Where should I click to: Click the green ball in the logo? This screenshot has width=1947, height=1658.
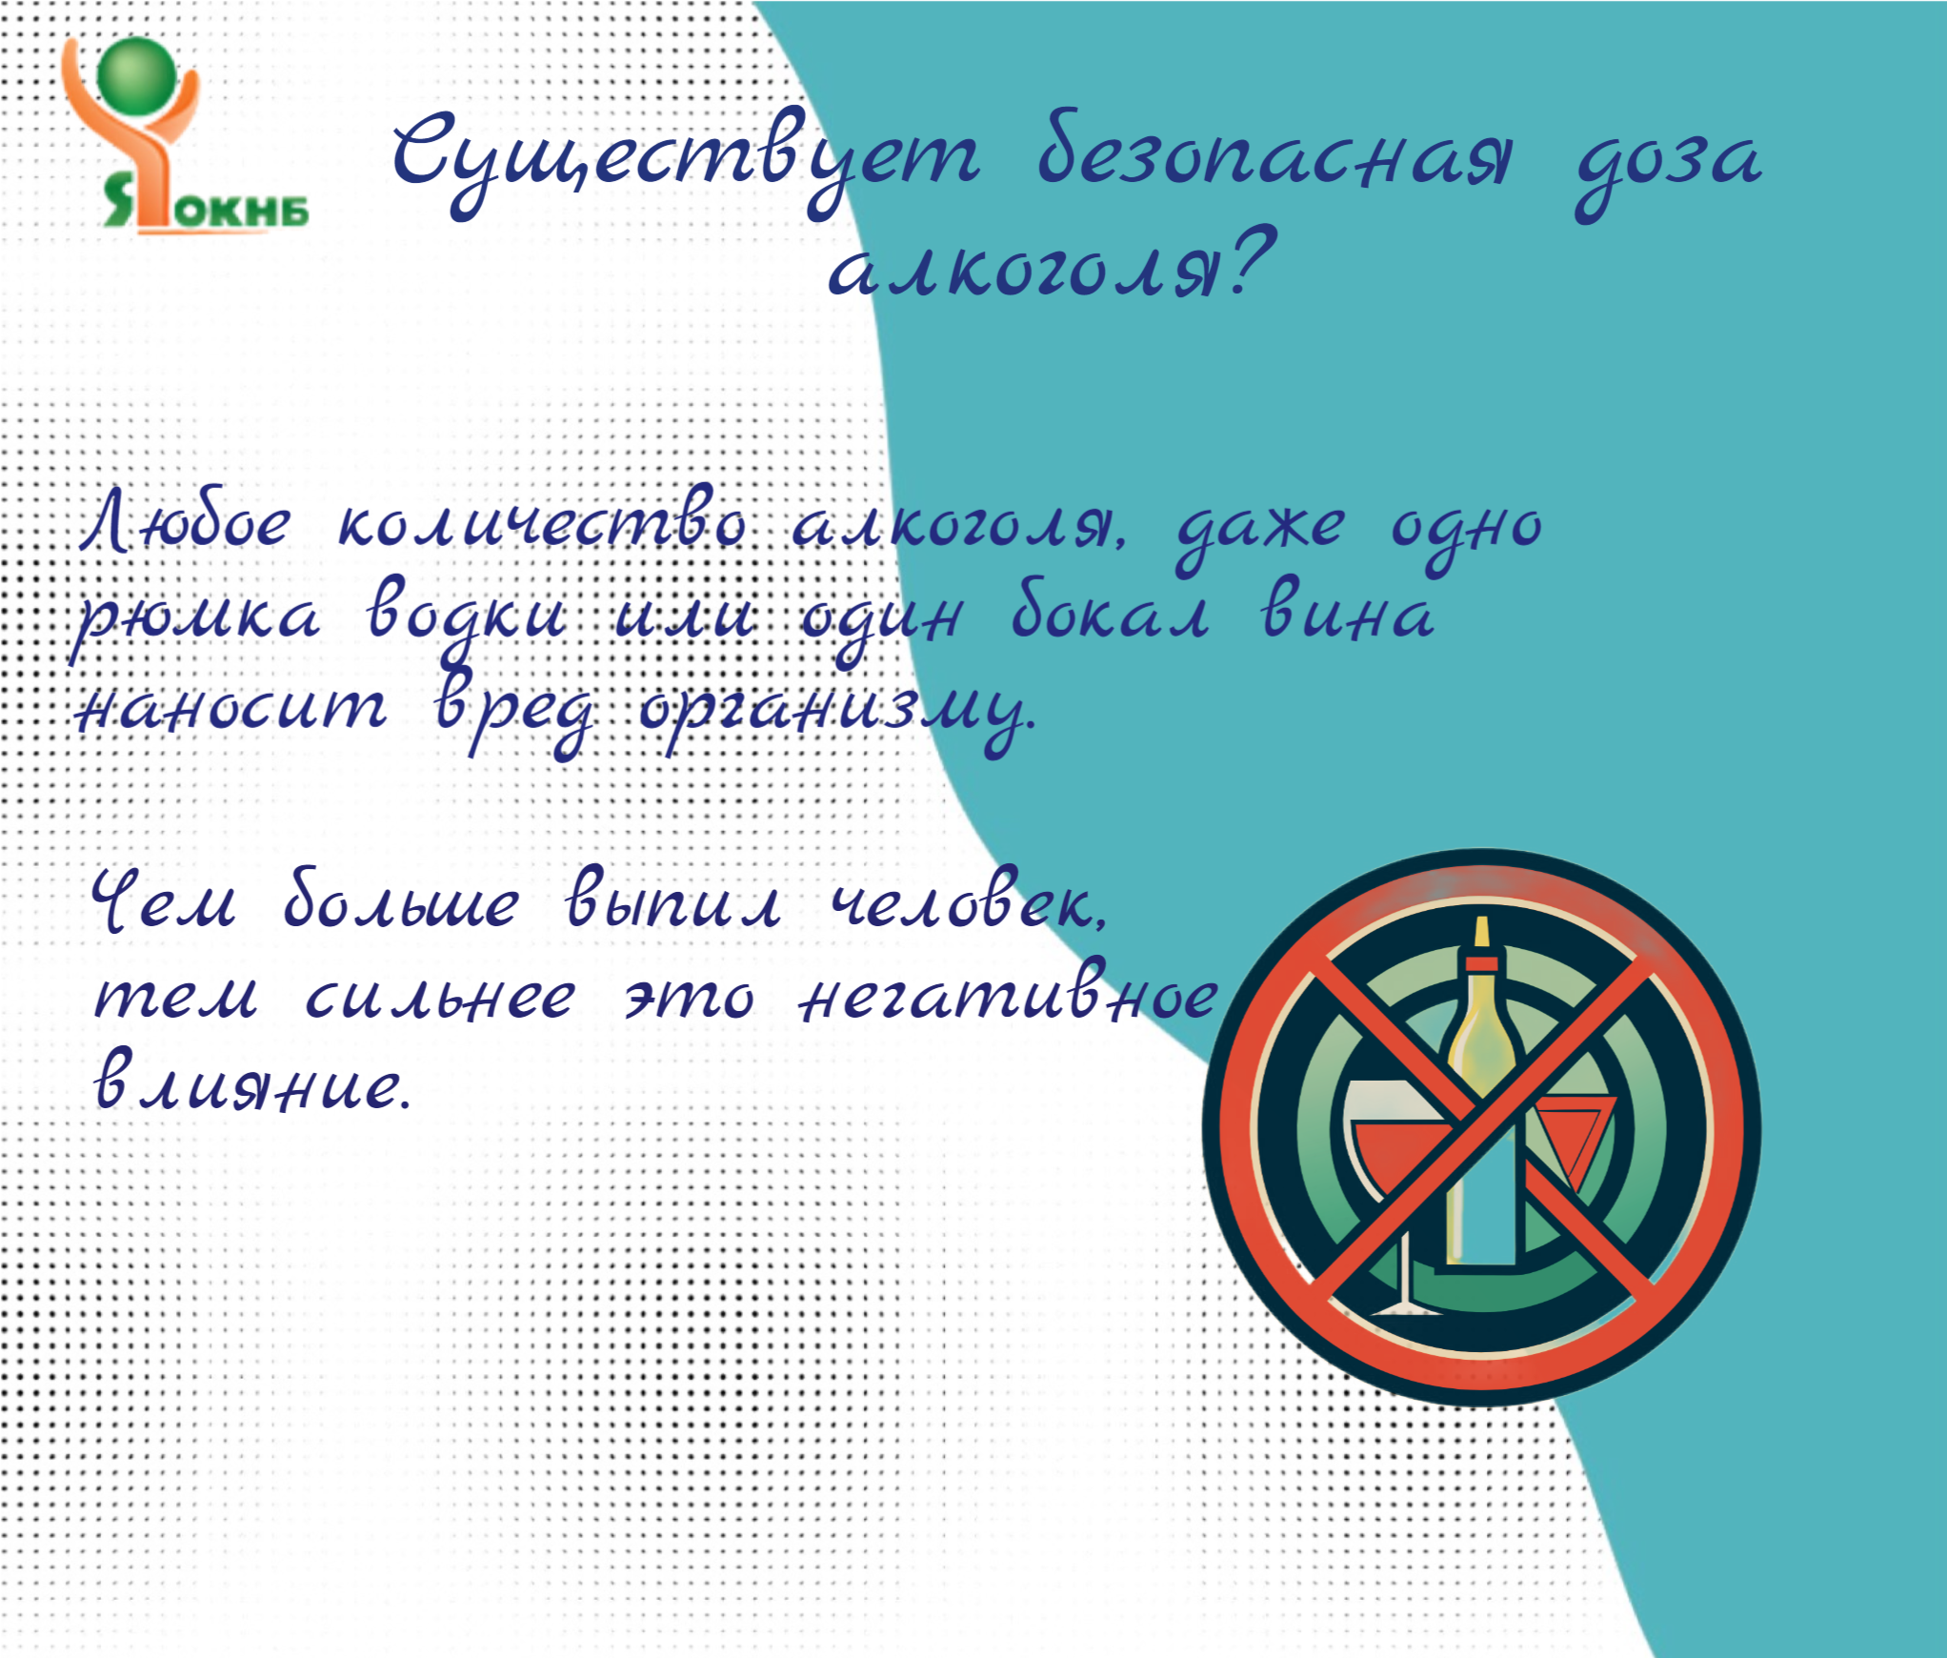(137, 74)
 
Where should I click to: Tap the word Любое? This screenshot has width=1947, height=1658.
(187, 522)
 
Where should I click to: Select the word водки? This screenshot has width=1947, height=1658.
(467, 617)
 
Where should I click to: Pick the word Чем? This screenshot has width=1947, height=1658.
(164, 901)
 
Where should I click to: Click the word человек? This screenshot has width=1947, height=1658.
(968, 901)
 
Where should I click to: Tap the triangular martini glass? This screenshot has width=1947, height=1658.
(1574, 1134)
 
